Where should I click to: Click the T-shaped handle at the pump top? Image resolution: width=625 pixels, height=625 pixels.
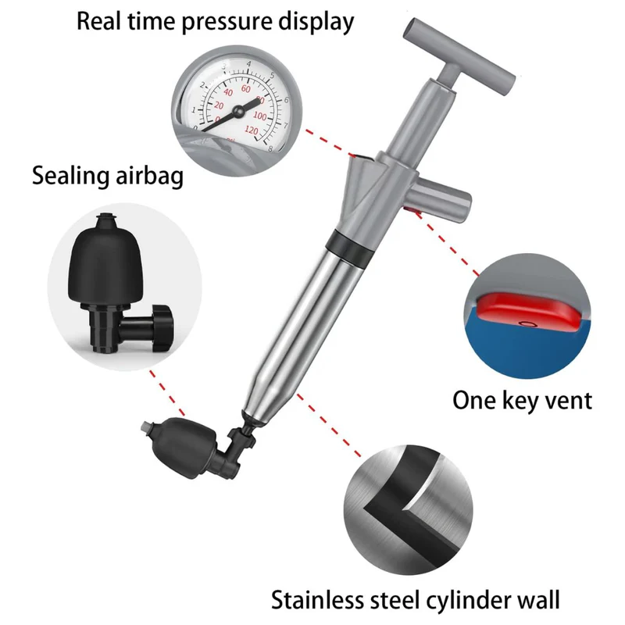(459, 55)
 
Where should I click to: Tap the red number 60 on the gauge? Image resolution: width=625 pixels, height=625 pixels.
(246, 88)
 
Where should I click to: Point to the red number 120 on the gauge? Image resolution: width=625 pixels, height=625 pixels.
(251, 130)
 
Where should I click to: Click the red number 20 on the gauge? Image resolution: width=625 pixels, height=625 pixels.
(219, 105)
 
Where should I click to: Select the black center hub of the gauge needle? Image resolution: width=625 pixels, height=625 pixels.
(238, 111)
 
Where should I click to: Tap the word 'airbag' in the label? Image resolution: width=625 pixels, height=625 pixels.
(149, 176)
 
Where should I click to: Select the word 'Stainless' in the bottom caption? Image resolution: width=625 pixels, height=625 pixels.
(317, 599)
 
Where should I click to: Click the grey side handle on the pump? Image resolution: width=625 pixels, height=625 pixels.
(441, 202)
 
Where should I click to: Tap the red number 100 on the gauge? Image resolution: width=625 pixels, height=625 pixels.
(260, 116)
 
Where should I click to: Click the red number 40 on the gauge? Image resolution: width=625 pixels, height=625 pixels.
(228, 92)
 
